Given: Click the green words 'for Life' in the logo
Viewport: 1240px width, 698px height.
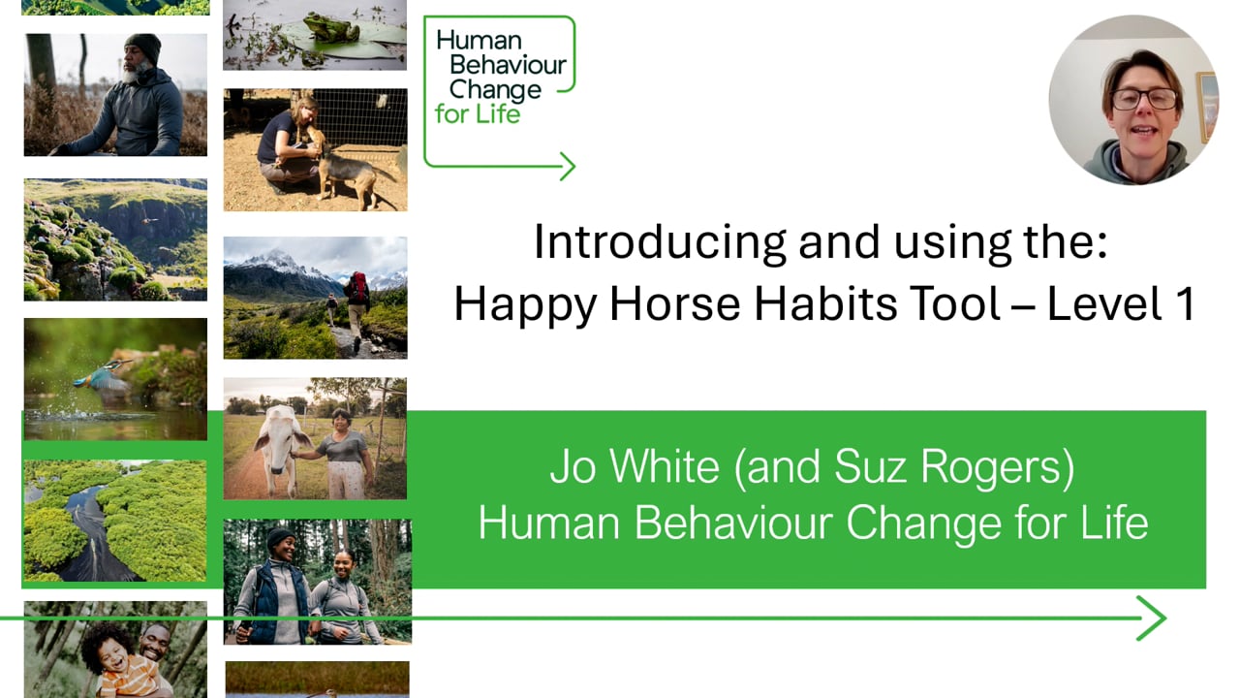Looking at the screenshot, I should tap(478, 113).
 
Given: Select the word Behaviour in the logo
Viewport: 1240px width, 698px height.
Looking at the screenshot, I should tap(501, 67).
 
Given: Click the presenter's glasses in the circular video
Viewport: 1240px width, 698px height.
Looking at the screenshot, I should tap(1144, 98).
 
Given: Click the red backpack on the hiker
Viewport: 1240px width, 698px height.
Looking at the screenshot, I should tap(358, 287).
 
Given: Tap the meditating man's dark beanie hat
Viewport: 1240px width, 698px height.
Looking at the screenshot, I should tap(144, 46).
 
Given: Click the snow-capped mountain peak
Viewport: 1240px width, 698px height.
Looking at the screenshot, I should tap(276, 260).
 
